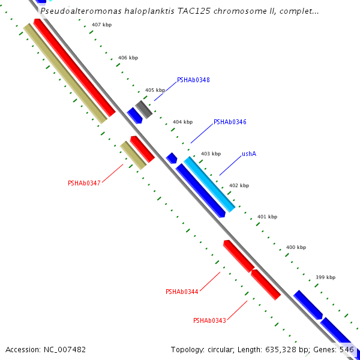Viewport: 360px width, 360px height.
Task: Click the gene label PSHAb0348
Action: pyautogui.click(x=193, y=80)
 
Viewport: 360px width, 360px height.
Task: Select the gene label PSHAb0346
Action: pyautogui.click(x=229, y=122)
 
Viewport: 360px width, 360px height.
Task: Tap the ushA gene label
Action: pyautogui.click(x=249, y=154)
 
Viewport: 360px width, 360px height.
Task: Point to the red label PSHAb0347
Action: pyautogui.click(x=84, y=183)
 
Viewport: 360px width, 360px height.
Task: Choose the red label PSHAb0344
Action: pyautogui.click(x=182, y=292)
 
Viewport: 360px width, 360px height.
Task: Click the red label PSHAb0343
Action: pyautogui.click(x=209, y=320)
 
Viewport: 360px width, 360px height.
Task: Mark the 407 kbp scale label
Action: pyautogui.click(x=101, y=25)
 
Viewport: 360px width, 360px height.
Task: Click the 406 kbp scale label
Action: pyautogui.click(x=128, y=58)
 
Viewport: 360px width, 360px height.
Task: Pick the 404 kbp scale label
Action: pyautogui.click(x=182, y=122)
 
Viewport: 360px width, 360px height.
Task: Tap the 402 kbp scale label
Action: pyautogui.click(x=239, y=186)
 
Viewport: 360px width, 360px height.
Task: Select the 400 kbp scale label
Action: pyautogui.click(x=296, y=247)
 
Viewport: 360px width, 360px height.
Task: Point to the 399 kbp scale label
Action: pyautogui.click(x=325, y=277)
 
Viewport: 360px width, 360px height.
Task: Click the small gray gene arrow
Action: pyautogui.click(x=143, y=109)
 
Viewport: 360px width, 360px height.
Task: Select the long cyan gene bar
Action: pyautogui.click(x=209, y=184)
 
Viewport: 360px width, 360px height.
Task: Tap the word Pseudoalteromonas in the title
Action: pyautogui.click(x=78, y=11)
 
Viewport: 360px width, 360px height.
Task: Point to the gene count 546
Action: pyautogui.click(x=347, y=349)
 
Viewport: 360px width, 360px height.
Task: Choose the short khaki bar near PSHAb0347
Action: pyautogui.click(x=133, y=155)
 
